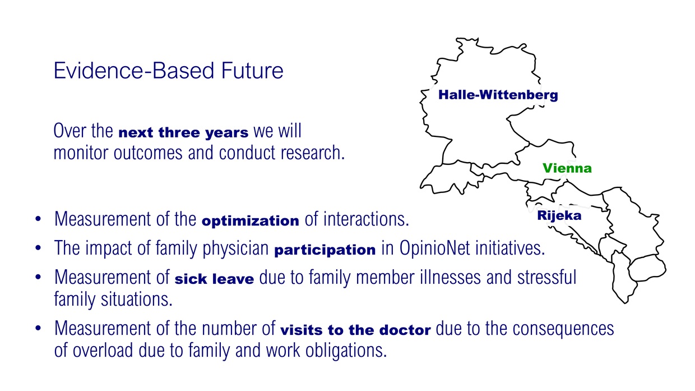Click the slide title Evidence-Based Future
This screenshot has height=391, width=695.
169,71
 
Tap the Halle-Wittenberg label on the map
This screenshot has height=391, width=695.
498,95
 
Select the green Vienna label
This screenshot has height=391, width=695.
567,168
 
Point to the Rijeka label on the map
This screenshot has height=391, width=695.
559,215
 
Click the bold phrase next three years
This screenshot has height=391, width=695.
183,132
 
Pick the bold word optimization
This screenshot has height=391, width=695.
251,221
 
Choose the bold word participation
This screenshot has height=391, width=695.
325,250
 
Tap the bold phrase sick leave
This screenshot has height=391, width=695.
214,279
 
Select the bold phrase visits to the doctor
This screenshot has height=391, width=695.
355,330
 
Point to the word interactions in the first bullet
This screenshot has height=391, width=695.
366,219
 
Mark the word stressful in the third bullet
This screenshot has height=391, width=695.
546,277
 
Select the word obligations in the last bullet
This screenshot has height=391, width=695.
346,350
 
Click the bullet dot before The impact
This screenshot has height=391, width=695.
38,248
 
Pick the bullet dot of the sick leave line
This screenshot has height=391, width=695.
38,277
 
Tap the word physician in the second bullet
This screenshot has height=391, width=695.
235,249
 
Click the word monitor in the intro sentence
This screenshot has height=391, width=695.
81,153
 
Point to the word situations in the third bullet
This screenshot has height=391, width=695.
137,299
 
